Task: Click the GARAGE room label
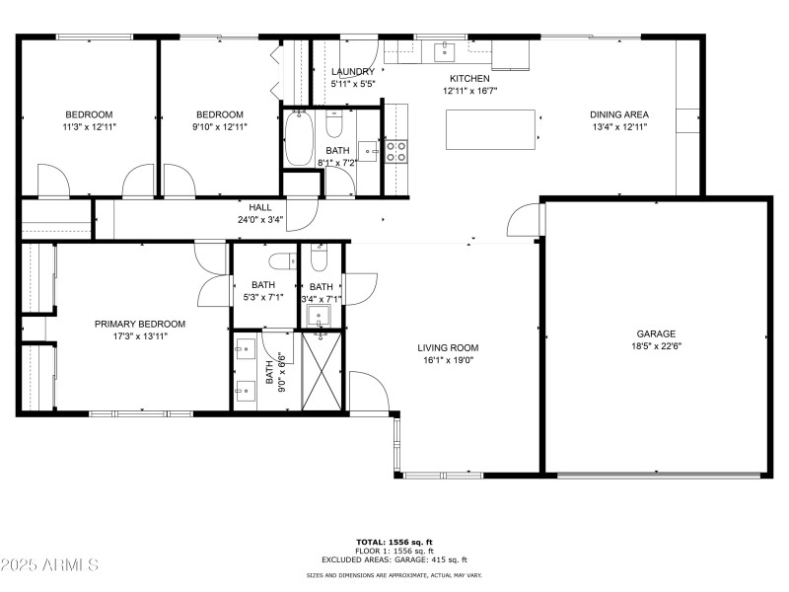tap(656, 333)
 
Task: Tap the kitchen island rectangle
tap(491, 128)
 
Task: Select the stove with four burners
tap(395, 151)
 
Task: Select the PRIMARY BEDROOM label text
tap(139, 324)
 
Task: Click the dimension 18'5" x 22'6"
tap(656, 346)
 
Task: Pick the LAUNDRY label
tap(352, 72)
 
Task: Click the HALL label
tap(260, 207)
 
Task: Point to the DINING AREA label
tap(618, 114)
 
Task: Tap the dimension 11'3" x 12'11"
tap(89, 127)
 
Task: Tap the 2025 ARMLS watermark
tap(49, 565)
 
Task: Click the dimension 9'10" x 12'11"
tap(219, 127)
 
